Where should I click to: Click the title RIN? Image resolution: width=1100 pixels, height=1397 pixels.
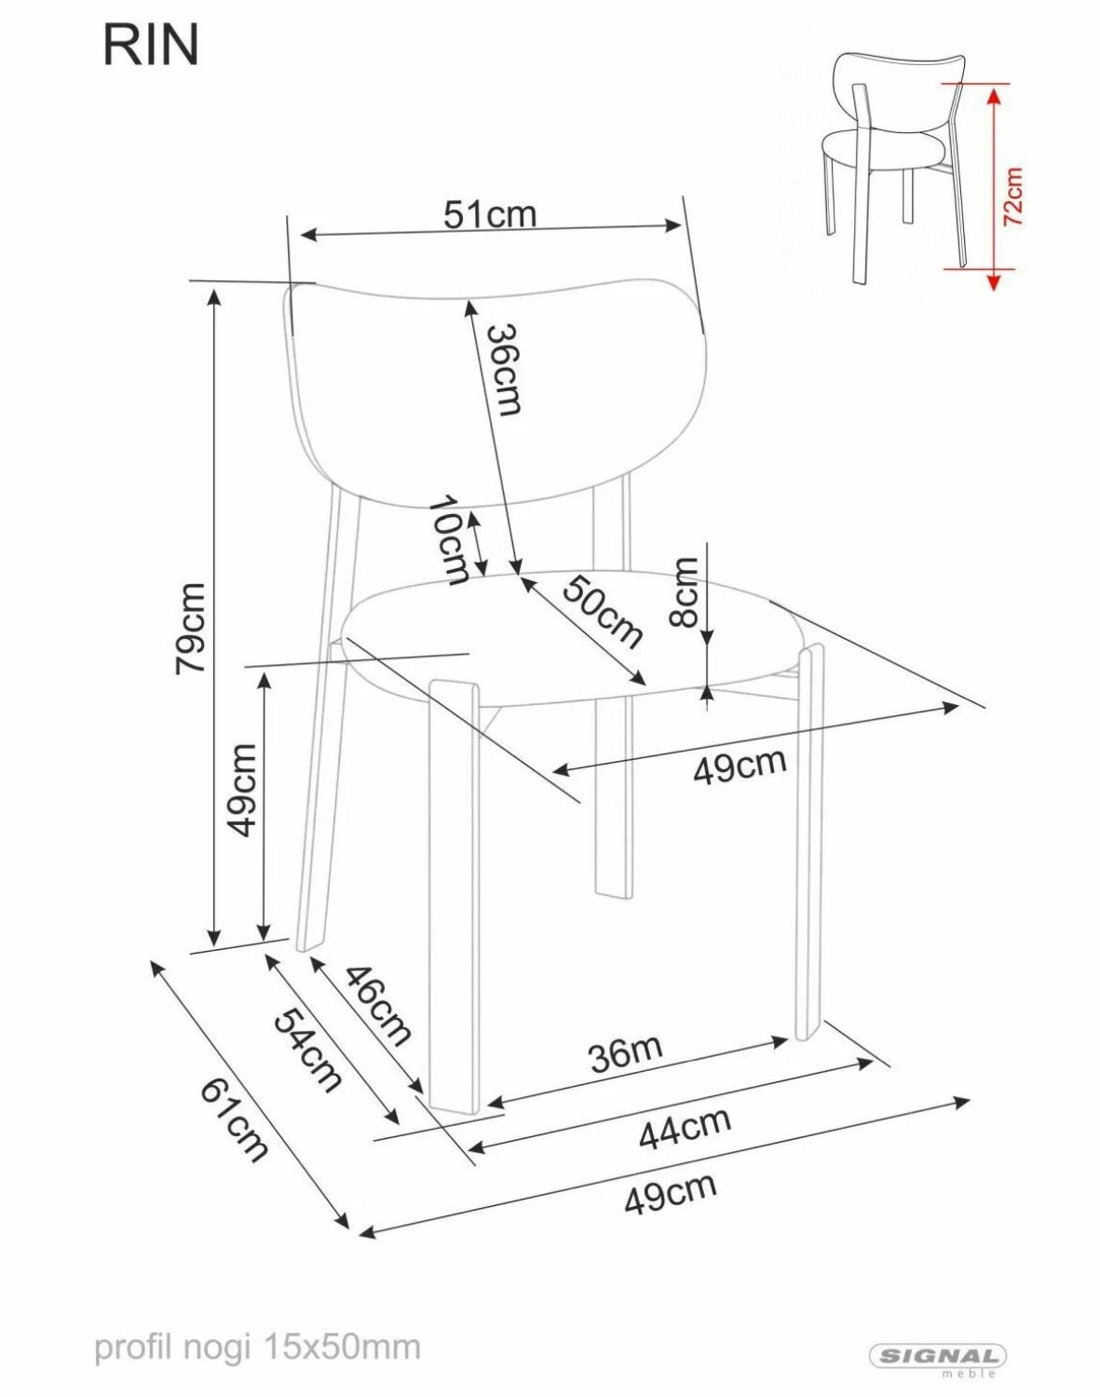151,46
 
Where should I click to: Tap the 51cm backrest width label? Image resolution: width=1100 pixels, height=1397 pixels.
490,214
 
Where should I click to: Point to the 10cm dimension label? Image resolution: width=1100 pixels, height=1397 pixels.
449,541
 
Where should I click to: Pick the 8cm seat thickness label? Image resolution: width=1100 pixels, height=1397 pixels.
684,591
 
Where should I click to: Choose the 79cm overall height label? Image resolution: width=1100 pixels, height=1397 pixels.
191,628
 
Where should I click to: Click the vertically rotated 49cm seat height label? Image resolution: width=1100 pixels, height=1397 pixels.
243,790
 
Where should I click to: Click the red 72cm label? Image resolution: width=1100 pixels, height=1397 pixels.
1013,197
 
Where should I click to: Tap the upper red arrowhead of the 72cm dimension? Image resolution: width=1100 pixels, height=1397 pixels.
993,98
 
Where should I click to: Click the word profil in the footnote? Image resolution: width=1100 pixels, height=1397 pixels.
137,1331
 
